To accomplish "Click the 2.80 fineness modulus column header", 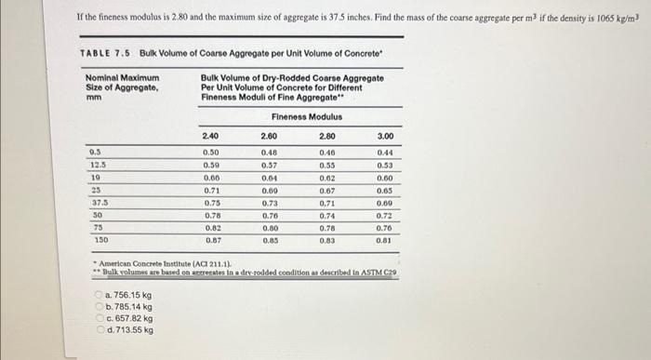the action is point(326,136).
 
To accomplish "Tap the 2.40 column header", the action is point(211,136).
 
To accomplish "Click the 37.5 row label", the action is point(97,201).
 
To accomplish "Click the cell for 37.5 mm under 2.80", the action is point(326,201).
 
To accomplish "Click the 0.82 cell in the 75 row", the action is point(211,227).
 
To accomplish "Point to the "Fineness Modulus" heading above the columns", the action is point(306,116).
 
